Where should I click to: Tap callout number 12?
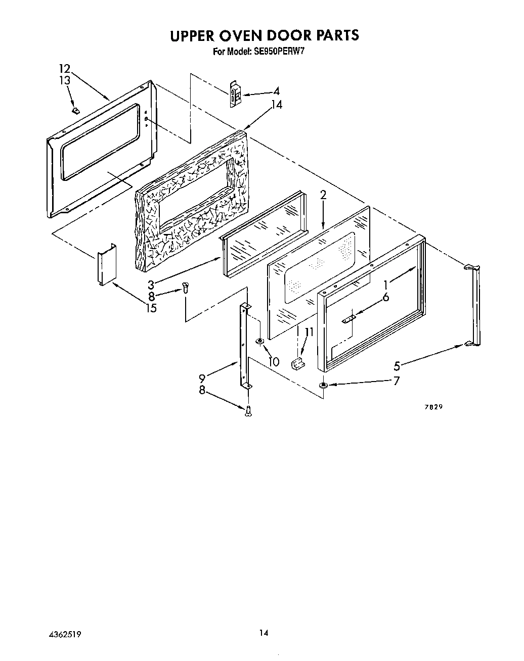pos(64,69)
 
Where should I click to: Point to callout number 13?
pos(64,80)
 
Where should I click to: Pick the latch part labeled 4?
pos(234,93)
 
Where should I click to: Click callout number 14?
pos(276,105)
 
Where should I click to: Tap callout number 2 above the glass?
pos(323,195)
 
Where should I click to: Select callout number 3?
pos(151,285)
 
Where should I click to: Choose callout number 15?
pos(151,307)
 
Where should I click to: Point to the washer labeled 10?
pos(259,343)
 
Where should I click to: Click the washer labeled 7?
pos(323,386)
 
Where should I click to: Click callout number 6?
pos(385,297)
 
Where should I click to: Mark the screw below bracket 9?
pos(247,411)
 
